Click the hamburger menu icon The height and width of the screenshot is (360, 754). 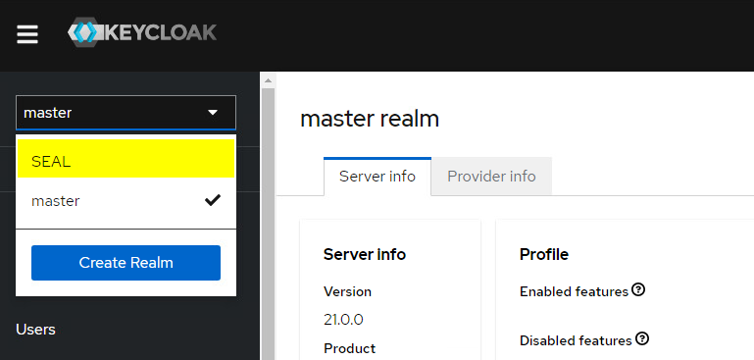27,34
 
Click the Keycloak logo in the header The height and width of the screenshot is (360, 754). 142,32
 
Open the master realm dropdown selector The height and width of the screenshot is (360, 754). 126,113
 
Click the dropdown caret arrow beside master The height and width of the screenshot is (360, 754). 213,113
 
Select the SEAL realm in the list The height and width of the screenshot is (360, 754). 126,160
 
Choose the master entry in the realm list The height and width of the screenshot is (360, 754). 56,201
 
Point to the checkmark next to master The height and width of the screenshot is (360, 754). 212,200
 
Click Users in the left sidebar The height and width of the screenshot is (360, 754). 36,330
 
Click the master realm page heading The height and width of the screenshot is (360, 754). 370,119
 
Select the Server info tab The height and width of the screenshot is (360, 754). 377,177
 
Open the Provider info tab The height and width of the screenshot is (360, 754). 491,177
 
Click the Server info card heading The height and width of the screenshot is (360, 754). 365,254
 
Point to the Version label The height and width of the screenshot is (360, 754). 347,291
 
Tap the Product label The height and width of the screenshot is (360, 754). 349,348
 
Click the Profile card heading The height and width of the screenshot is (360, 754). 543,254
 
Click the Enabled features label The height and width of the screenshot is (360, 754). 574,291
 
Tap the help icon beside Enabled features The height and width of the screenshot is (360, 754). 638,289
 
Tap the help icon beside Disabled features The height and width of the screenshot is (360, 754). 642,338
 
